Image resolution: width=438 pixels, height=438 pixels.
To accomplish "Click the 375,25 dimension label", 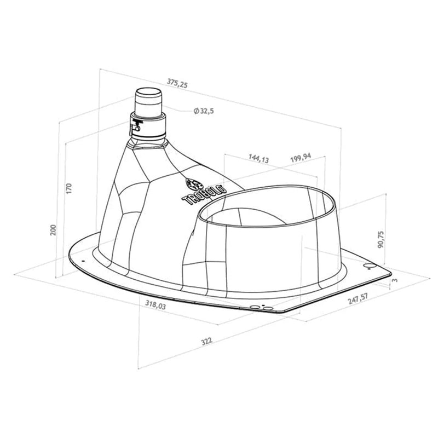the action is [x=177, y=83].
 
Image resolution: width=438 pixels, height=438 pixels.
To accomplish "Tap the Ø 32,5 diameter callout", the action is [x=204, y=111].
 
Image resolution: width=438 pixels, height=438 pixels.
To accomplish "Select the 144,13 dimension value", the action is [x=258, y=158].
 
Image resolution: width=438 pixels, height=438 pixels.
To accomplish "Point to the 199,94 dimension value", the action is [x=301, y=158].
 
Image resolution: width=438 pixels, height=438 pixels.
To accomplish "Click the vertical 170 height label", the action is [x=69, y=188].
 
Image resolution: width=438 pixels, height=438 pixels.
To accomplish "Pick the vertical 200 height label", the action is [x=53, y=229].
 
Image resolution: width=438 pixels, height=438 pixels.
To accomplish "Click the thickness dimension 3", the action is [x=394, y=280].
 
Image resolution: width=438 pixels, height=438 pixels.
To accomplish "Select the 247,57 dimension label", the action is [x=358, y=298].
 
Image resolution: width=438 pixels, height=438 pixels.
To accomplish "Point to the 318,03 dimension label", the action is [x=155, y=304].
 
